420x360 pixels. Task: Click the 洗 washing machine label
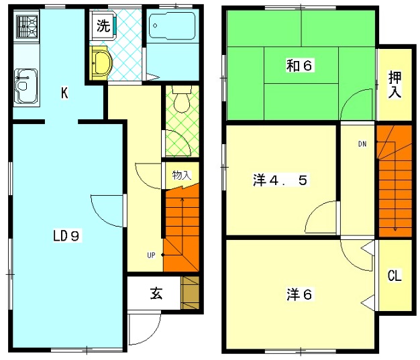[103, 27]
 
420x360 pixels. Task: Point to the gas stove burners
[28, 29]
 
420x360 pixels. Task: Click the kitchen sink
[25, 83]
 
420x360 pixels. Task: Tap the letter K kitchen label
[64, 93]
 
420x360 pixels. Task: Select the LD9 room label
[66, 235]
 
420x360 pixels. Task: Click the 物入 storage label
[181, 176]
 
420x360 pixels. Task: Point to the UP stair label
[152, 254]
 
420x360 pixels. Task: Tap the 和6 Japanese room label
[301, 65]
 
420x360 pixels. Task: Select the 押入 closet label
[395, 82]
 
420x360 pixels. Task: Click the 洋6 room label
[300, 294]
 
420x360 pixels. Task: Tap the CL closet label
[395, 276]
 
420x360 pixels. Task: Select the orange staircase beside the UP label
[181, 228]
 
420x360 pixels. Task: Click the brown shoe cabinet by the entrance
[191, 292]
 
